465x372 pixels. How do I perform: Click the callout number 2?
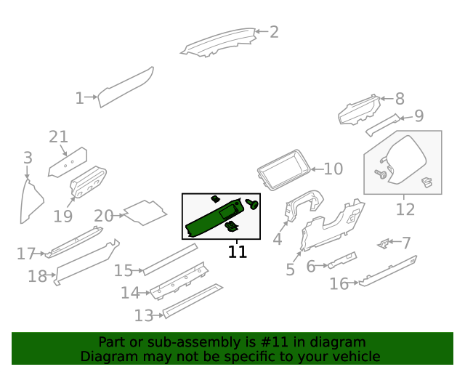click(274, 31)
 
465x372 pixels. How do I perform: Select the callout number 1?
click(79, 97)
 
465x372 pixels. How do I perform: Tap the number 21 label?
click(58, 137)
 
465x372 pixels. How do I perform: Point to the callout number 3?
click(28, 158)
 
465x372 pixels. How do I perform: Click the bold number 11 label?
click(238, 252)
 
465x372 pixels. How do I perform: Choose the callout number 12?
click(405, 209)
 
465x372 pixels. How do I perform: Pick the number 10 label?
click(333, 169)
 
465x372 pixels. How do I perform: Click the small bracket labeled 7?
click(382, 242)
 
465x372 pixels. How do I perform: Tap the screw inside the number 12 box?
click(379, 174)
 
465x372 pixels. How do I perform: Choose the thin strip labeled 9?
click(383, 126)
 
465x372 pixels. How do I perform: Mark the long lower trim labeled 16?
click(385, 270)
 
